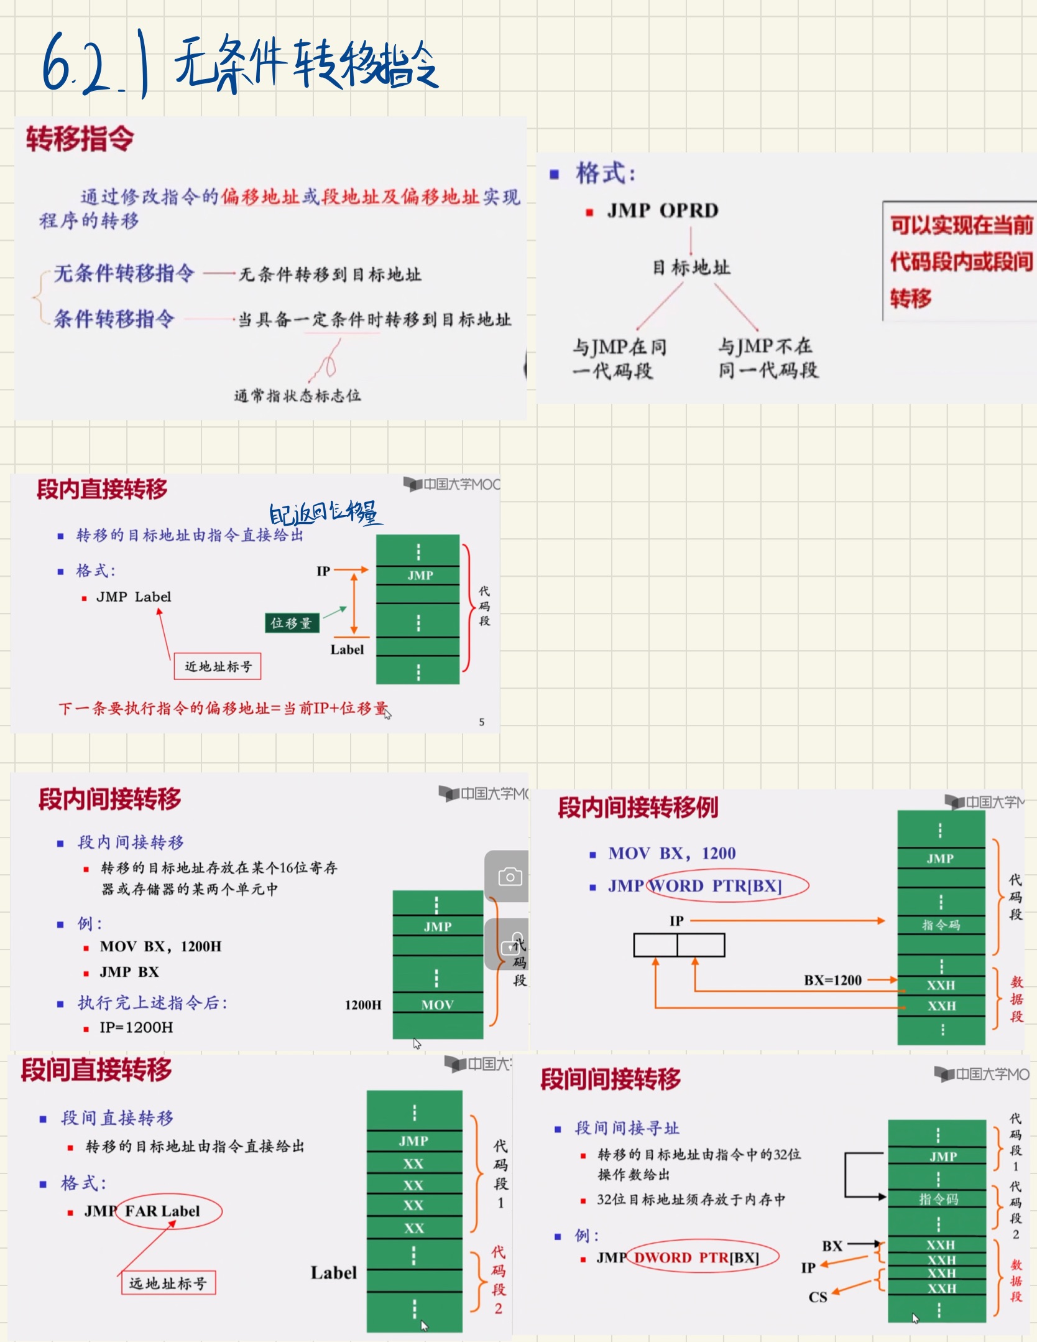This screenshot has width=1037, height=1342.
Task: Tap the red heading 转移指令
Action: pos(80,138)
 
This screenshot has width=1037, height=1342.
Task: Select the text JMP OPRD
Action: pos(663,210)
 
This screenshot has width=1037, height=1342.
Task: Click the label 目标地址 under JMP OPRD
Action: pos(691,268)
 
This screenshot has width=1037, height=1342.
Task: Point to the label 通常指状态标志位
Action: pos(297,396)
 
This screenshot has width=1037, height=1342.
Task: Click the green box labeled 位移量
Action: pos(292,623)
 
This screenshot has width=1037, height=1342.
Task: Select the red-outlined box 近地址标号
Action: pos(218,666)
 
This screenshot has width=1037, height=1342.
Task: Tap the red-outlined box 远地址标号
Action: pos(168,1283)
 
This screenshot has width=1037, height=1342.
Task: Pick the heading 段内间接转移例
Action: pos(637,808)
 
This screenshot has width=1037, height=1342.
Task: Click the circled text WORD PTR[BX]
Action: pos(727,886)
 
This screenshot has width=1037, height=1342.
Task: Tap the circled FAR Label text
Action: pos(168,1211)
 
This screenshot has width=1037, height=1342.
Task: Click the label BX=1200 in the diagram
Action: pos(832,980)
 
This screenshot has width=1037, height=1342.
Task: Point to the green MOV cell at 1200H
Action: pos(437,1004)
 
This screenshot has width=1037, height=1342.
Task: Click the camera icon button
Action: pos(509,877)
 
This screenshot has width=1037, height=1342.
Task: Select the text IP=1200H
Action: pos(136,1027)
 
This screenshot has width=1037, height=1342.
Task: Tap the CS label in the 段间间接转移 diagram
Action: pos(818,1297)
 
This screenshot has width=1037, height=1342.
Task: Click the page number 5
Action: pos(481,722)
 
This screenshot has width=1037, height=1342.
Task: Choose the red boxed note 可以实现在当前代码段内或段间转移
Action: pos(960,261)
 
